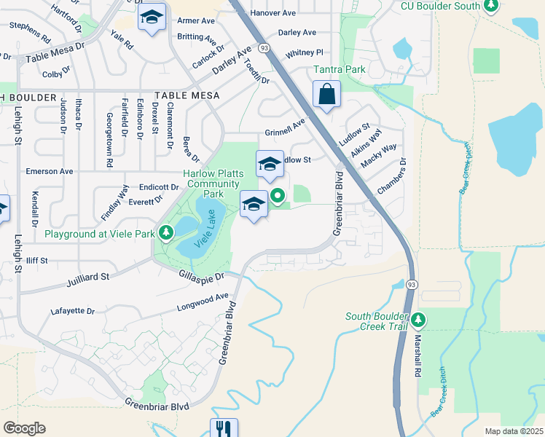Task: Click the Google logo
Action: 24,428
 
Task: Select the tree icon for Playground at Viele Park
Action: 167,233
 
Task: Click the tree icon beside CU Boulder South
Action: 491,7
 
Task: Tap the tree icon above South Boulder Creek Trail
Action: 418,319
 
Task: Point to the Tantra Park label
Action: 339,69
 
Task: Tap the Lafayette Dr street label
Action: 73,311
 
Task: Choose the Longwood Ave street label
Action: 203,302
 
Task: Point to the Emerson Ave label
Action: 50,171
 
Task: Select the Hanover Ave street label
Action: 273,13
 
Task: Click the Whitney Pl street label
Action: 305,53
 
